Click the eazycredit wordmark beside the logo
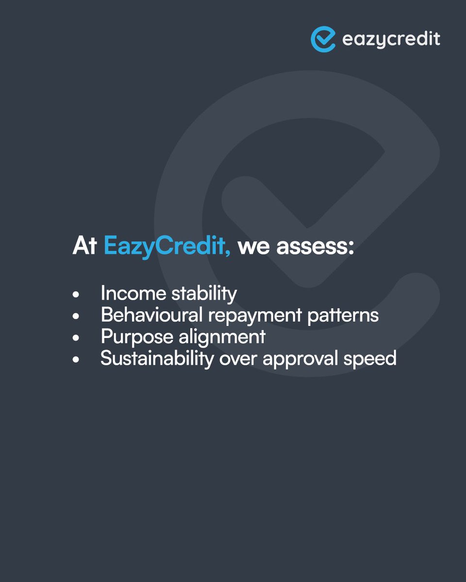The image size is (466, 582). tap(391, 39)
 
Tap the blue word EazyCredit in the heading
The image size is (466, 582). tap(167, 246)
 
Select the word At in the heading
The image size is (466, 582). tap(85, 246)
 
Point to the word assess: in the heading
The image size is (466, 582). tap(315, 246)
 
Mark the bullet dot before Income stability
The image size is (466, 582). tap(76, 294)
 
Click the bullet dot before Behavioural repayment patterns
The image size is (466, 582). tap(76, 316)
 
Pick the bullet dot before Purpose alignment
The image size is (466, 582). tap(76, 338)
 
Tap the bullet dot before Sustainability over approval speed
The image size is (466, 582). tap(76, 360)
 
